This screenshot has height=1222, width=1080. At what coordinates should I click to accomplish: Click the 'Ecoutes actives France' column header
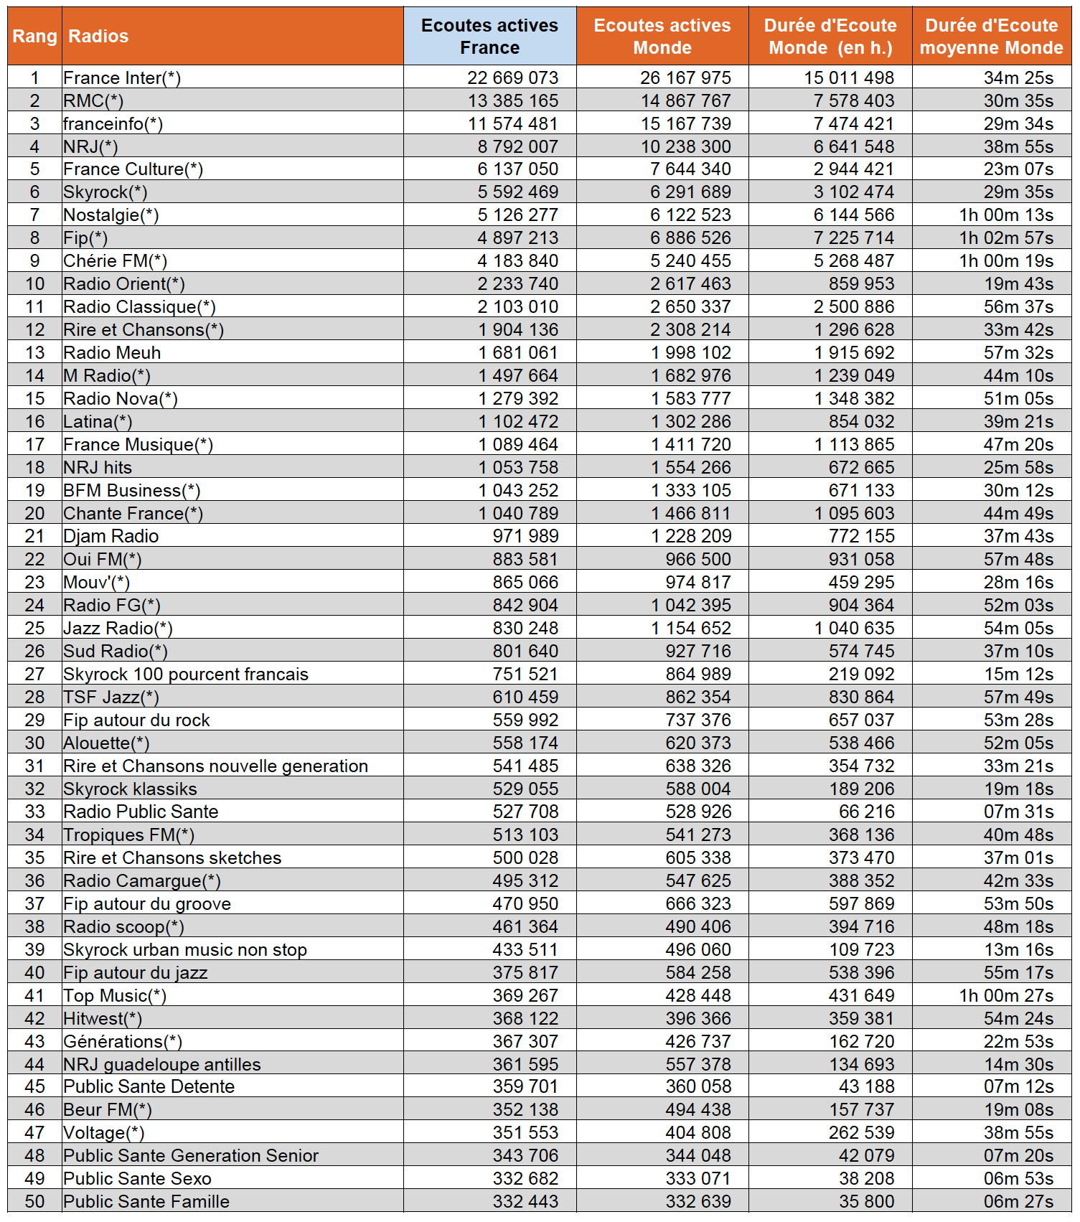[489, 37]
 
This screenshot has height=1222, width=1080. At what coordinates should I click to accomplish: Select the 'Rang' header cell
[34, 37]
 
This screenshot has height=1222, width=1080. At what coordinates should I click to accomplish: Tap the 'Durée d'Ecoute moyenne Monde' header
[991, 37]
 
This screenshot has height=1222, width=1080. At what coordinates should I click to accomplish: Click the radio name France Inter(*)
[122, 77]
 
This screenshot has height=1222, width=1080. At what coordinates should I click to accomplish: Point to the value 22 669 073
[512, 77]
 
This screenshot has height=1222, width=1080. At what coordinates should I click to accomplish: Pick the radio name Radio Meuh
[112, 353]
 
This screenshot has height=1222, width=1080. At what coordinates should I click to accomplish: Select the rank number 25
[34, 629]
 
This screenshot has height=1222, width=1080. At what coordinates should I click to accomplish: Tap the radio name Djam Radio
[111, 537]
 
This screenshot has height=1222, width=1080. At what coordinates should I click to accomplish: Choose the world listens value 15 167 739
[685, 123]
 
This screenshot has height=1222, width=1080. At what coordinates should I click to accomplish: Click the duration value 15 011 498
[849, 77]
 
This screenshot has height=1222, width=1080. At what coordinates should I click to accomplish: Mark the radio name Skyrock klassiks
[130, 789]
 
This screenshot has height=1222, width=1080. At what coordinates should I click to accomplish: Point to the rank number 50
[34, 1202]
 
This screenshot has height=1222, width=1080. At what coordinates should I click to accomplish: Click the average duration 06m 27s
[1018, 1202]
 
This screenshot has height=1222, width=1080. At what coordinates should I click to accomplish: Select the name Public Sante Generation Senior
[191, 1156]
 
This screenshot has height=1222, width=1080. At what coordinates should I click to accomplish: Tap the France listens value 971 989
[525, 537]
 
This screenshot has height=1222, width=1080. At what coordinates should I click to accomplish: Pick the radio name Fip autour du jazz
[136, 973]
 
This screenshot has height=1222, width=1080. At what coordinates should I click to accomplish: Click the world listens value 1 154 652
[691, 629]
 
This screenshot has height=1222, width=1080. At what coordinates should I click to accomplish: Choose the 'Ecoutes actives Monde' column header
[662, 37]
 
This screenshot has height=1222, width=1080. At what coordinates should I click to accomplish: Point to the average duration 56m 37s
[1018, 307]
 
